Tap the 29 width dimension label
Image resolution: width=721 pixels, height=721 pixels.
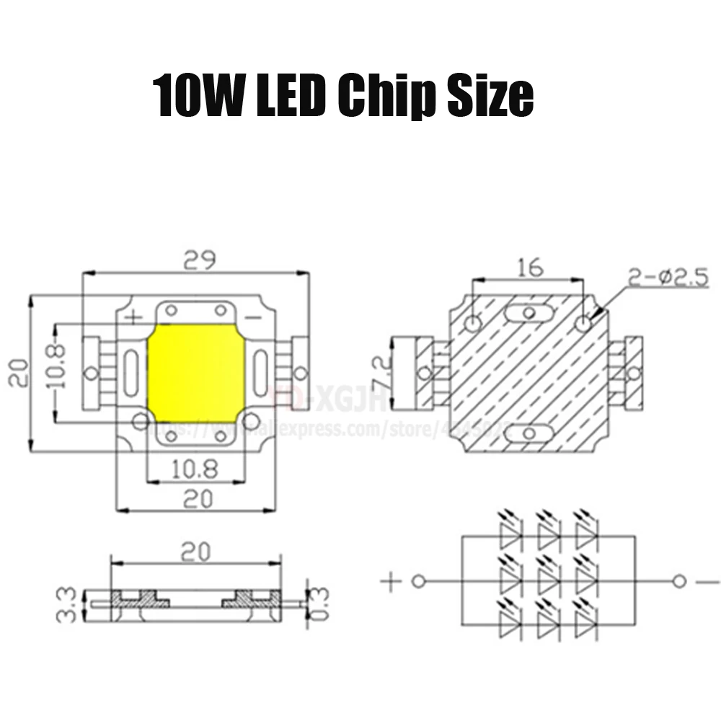pos(200,259)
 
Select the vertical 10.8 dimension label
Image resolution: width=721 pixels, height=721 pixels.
pos(57,366)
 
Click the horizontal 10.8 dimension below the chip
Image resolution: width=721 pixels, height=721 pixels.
pos(195,469)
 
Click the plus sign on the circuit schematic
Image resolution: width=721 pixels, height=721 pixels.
pos(389,582)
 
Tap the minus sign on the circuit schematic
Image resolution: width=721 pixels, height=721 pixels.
pos(703,582)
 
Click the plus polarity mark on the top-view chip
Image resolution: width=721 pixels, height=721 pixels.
pos(133,317)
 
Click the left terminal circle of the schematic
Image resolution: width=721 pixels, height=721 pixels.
pos(417,581)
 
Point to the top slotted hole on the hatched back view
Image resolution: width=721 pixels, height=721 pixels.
pos(530,314)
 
